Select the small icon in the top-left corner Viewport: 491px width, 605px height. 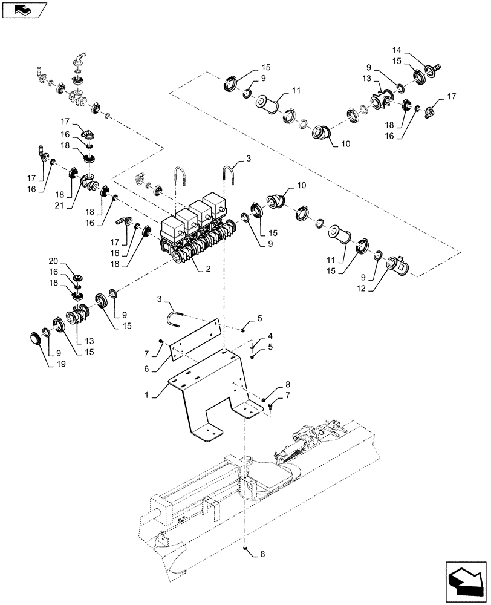tap(23, 9)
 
